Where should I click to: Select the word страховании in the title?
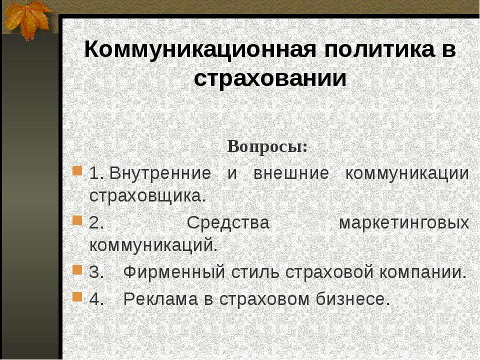[270, 78]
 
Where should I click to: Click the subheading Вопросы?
[267, 147]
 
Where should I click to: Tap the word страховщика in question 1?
[146, 195]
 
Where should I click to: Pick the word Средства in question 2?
[228, 222]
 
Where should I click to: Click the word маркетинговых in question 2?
[404, 222]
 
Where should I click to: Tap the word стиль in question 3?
[255, 272]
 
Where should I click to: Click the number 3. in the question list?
[96, 272]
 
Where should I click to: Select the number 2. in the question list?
[96, 222]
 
